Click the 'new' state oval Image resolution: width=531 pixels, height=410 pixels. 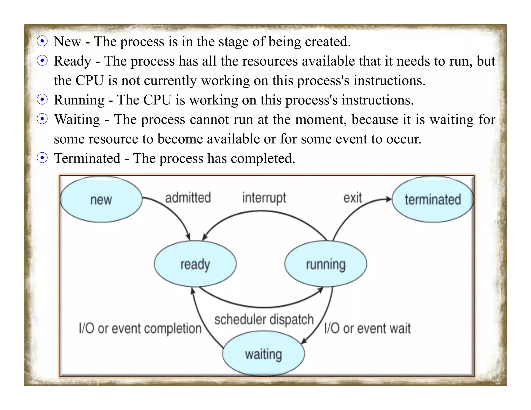[x=101, y=200]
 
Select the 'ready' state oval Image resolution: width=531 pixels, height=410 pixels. [x=195, y=264]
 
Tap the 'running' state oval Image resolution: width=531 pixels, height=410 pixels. [x=326, y=264]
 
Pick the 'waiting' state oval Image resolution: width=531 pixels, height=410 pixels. [x=263, y=354]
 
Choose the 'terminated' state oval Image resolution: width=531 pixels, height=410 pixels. [x=433, y=200]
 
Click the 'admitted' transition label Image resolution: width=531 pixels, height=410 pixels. [x=188, y=198]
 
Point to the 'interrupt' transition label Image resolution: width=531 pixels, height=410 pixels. [x=264, y=198]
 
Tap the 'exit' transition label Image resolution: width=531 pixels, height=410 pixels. [x=353, y=198]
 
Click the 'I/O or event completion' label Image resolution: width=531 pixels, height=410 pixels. [x=140, y=328]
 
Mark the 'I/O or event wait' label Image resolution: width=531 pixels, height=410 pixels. [x=367, y=328]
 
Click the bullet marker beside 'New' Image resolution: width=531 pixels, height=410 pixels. [x=42, y=41]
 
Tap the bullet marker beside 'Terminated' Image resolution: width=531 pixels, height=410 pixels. [x=42, y=158]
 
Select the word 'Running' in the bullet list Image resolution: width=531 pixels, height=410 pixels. [x=79, y=100]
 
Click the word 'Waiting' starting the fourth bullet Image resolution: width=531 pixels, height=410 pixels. [x=77, y=119]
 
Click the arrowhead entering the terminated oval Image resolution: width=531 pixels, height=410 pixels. [x=389, y=199]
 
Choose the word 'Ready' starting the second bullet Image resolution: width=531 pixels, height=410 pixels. [x=72, y=61]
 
